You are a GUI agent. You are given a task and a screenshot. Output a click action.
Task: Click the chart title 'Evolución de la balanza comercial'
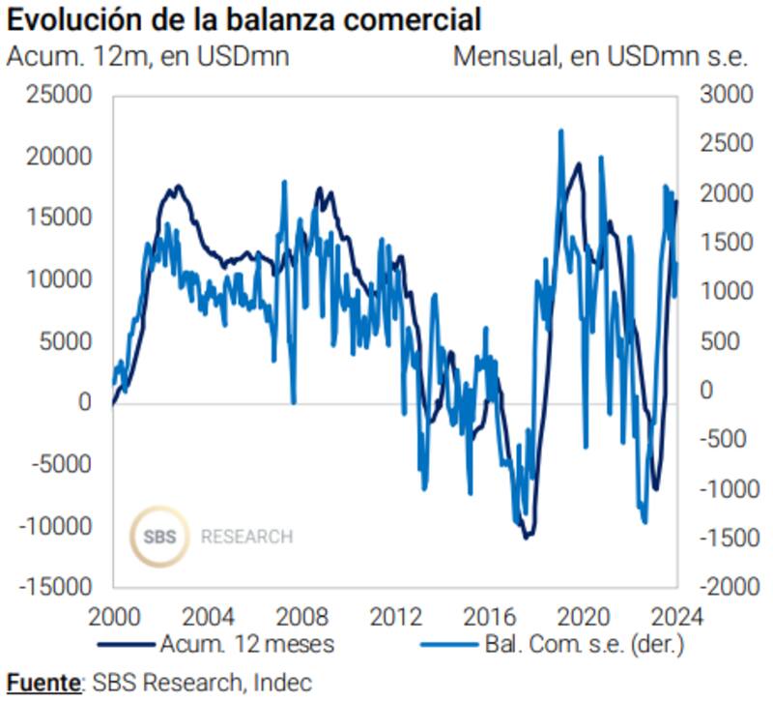[x=244, y=19]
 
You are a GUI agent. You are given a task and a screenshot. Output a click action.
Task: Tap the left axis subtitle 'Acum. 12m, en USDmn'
[x=148, y=56]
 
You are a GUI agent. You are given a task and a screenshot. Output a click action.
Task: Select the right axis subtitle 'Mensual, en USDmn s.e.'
[x=600, y=56]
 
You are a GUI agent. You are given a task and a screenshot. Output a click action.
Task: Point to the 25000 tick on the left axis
[x=61, y=96]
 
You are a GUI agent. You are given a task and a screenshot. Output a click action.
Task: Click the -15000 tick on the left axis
[x=57, y=587]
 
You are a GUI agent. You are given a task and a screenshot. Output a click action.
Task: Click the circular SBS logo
[x=160, y=536]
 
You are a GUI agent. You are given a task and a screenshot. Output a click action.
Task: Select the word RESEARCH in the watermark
[x=246, y=537]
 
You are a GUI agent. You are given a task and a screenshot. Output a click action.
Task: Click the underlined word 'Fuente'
[x=43, y=682]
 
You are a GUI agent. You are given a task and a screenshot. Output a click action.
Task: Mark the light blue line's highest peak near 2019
[x=560, y=131]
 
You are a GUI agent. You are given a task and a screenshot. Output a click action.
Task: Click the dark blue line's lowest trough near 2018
[x=527, y=537]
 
